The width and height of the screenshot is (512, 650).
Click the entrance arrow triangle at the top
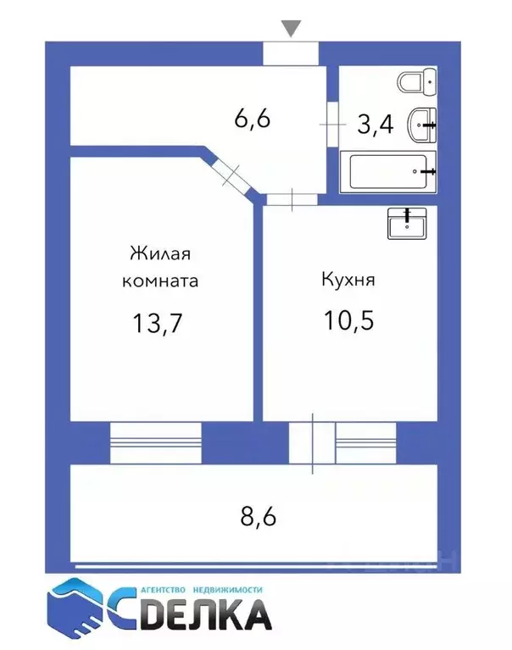(x=291, y=29)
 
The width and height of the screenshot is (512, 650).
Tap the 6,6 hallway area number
(x=252, y=119)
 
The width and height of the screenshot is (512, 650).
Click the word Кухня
(x=348, y=279)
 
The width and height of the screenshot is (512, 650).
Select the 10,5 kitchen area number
(x=348, y=320)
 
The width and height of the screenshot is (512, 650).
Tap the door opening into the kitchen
(x=292, y=199)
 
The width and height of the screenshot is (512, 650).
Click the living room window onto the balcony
(x=156, y=442)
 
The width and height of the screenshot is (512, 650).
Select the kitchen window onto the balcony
(x=365, y=442)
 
